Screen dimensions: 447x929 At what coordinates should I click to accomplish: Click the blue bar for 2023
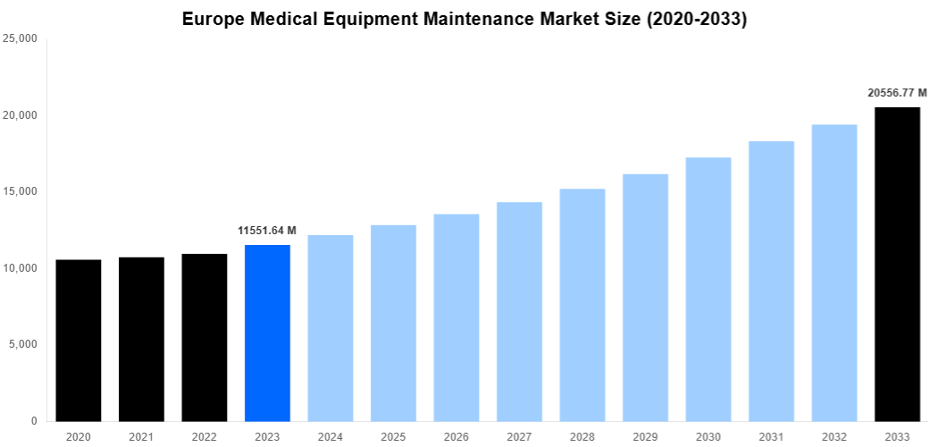coord(267,333)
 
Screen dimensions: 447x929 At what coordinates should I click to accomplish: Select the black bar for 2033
coord(897,264)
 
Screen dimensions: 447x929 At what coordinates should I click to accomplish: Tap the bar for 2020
coord(79,340)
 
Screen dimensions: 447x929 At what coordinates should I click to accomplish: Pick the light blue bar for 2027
coord(519,311)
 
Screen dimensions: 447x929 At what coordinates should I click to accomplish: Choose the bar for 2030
coord(708,289)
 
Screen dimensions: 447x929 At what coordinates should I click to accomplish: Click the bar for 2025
coord(393,323)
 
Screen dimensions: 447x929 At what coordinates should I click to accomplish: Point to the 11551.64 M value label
coord(267,231)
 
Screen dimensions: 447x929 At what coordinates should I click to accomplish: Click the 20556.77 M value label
coord(897,93)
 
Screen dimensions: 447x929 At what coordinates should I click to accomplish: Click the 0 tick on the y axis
coord(33,421)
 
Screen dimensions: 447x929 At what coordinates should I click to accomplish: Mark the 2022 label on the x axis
coord(205,436)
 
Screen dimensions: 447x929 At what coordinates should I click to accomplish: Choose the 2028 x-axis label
coord(582,436)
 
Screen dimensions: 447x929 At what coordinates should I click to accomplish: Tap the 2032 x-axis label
coord(834,436)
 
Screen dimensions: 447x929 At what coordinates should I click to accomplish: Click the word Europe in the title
coord(211,19)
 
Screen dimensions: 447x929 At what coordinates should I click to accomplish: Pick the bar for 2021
coord(141,339)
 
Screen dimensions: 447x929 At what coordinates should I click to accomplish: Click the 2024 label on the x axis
coord(331,436)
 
